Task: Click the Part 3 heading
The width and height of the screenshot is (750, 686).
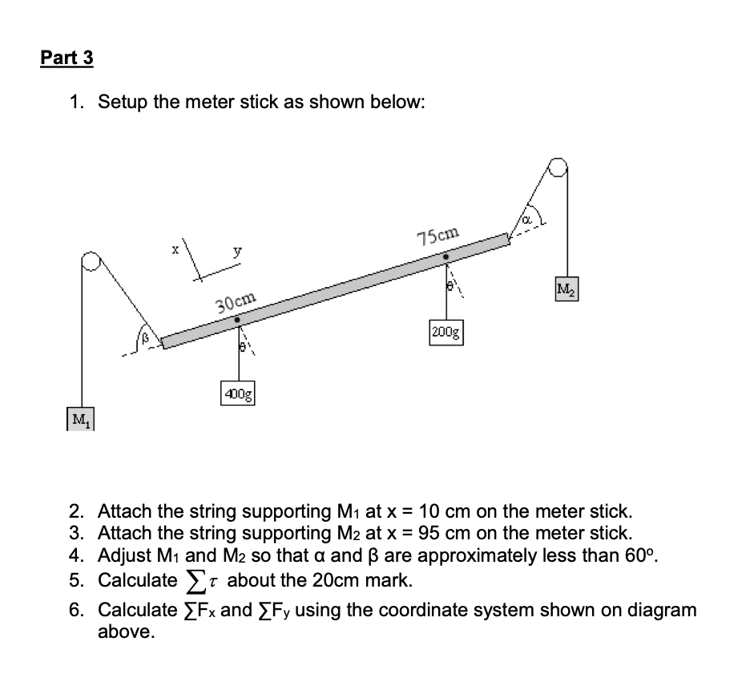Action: click(x=67, y=59)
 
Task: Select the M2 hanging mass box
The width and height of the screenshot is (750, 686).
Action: click(x=567, y=288)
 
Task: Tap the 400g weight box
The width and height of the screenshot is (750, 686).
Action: click(x=238, y=395)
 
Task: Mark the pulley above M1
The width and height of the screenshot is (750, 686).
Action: click(x=91, y=262)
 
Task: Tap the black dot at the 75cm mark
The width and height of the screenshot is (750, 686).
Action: click(x=446, y=258)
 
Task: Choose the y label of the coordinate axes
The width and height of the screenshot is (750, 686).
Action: click(x=236, y=252)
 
